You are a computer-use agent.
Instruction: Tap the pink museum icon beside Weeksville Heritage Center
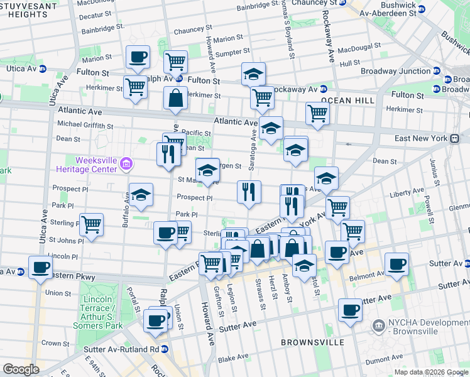click(126, 165)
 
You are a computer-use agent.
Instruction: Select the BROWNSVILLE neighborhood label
click(312, 342)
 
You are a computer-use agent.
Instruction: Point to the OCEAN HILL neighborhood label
click(347, 101)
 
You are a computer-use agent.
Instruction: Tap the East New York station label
click(429, 138)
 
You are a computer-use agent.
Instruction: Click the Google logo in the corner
click(21, 369)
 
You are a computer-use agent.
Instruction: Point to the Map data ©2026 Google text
click(431, 372)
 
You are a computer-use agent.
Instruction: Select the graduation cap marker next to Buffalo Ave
click(141, 195)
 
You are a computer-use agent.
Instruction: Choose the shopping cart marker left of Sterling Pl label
click(92, 225)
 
